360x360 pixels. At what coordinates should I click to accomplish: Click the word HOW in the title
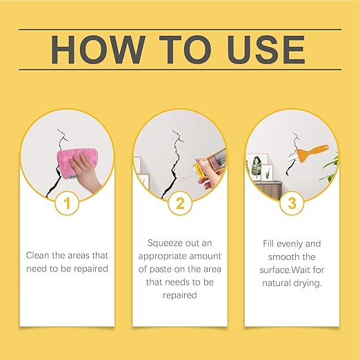tap(98, 50)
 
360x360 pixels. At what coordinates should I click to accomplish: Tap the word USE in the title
tap(266, 50)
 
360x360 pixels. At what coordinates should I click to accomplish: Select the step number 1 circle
tap(67, 203)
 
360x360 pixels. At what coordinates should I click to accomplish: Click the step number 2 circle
tap(180, 203)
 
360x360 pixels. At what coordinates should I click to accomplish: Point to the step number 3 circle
tap(292, 203)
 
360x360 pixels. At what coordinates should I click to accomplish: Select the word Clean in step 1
tap(38, 255)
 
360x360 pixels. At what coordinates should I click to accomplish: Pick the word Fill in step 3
tap(268, 243)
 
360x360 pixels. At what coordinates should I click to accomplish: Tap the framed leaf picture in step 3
tap(257, 166)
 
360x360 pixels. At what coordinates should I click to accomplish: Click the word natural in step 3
tap(275, 283)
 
